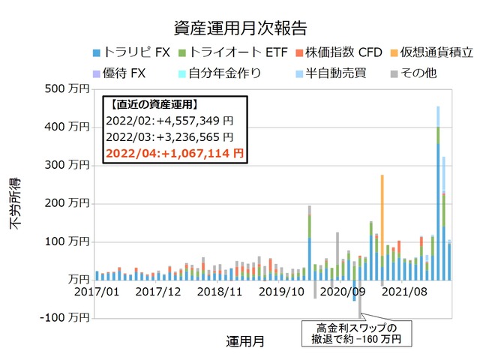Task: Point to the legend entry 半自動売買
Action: [329, 73]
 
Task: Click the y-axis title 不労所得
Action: [16, 202]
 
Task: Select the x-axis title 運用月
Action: [244, 341]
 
